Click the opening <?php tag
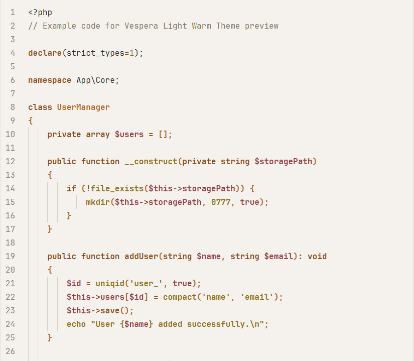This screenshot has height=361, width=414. click(40, 12)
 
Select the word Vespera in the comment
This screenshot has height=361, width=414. click(142, 26)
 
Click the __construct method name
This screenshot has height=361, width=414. click(151, 161)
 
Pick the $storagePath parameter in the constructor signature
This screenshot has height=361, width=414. click(284, 161)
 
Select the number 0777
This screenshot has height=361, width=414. click(221, 202)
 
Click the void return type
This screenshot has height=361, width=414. click(317, 256)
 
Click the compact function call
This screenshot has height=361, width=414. click(180, 297)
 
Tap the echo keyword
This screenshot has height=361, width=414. click(76, 324)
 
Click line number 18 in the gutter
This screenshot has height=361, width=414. click(11, 243)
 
